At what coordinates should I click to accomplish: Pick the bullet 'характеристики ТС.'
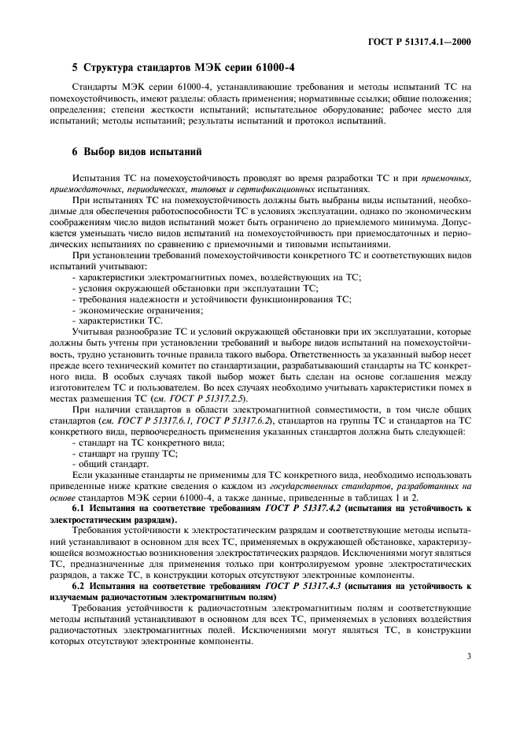coord(117,320)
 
